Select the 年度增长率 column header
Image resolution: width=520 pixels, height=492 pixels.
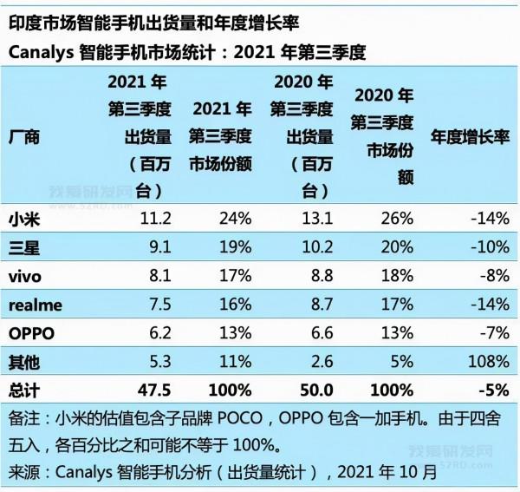(469, 137)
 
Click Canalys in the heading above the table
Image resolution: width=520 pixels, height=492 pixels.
(41, 53)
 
